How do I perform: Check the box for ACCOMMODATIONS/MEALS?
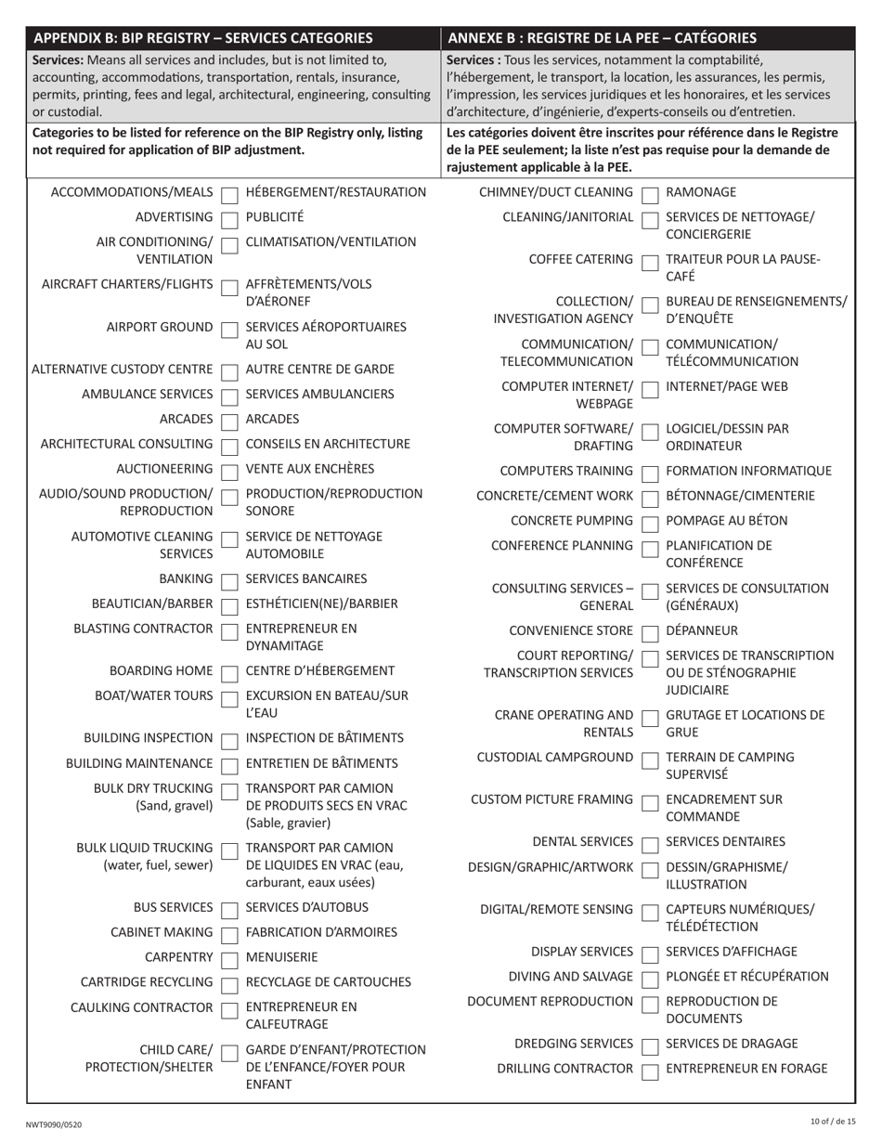[x=229, y=194]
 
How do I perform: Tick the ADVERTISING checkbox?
[x=229, y=219]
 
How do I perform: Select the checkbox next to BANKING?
[x=229, y=580]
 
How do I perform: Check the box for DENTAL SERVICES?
[x=651, y=844]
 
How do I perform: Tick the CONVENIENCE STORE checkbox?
[x=651, y=633]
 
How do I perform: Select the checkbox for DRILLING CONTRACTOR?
[x=651, y=1071]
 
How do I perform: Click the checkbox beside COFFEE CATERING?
[x=651, y=261]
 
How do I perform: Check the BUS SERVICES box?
[x=229, y=909]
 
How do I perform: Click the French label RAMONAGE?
[x=701, y=192]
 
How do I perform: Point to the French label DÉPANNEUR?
[x=703, y=631]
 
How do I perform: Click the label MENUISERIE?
[x=281, y=957]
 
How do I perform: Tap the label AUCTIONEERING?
[x=164, y=469]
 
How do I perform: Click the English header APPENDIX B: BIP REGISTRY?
[x=202, y=38]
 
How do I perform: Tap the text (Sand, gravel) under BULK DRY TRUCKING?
[x=174, y=806]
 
